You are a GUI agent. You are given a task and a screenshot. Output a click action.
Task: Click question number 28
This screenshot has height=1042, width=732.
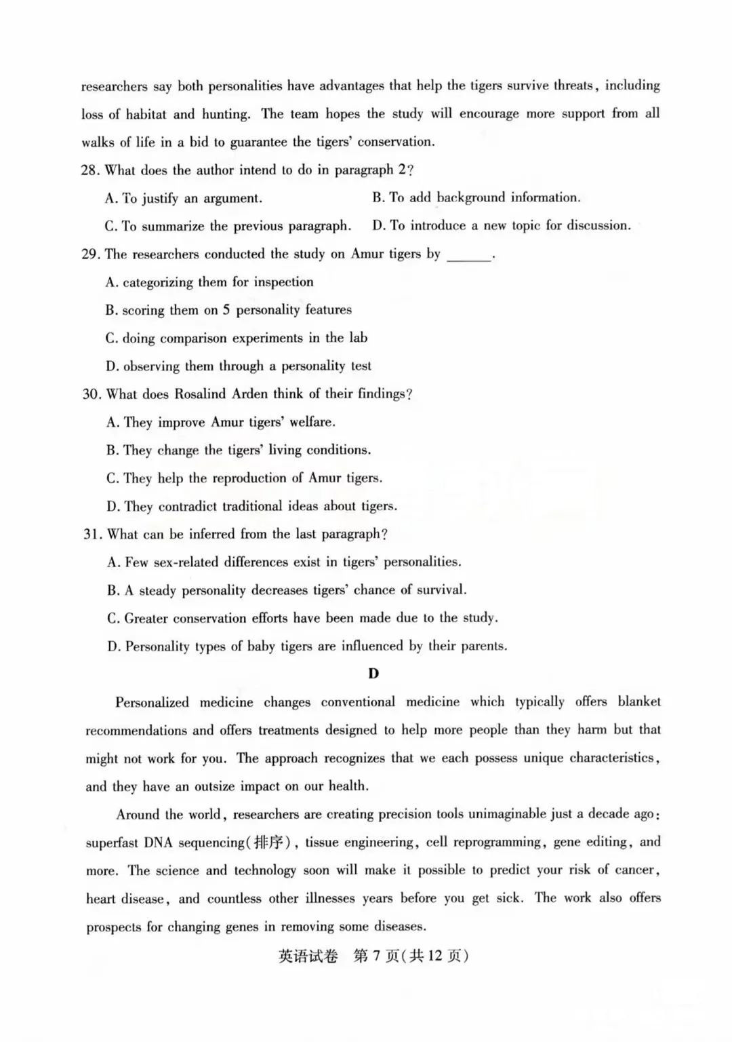pyautogui.click(x=90, y=170)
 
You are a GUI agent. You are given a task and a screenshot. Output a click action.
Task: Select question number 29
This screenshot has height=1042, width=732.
pyautogui.click(x=91, y=254)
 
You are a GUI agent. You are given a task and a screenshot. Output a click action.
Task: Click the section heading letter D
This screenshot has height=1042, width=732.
pyautogui.click(x=373, y=674)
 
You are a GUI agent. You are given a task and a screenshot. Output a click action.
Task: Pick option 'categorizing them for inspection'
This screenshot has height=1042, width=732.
pyautogui.click(x=209, y=282)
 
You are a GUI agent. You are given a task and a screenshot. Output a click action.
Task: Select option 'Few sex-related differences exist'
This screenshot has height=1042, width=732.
pyautogui.click(x=284, y=562)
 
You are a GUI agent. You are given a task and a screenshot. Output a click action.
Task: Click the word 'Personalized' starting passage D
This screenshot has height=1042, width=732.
pyautogui.click(x=152, y=702)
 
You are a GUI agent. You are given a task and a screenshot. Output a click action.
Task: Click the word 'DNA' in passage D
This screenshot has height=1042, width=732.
pyautogui.click(x=159, y=843)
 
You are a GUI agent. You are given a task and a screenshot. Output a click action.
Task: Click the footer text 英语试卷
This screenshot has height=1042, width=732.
pyautogui.click(x=308, y=957)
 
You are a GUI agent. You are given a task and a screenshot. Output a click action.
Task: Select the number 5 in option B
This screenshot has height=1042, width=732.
pyautogui.click(x=226, y=310)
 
